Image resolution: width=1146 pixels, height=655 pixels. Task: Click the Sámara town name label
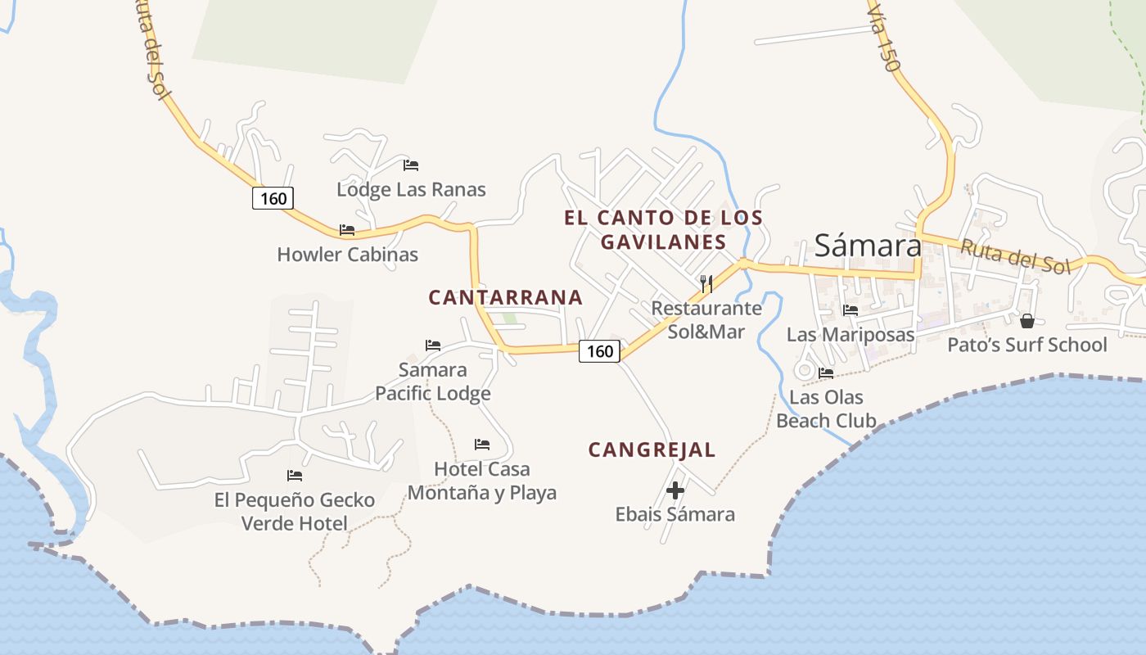868,245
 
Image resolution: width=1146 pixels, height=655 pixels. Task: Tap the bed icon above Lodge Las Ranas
411,165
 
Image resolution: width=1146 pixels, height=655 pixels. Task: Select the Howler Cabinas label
347,255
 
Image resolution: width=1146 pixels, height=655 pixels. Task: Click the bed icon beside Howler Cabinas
347,230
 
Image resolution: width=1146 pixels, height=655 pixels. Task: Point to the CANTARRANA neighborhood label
506,297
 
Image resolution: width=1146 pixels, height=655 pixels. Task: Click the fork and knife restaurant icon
706,284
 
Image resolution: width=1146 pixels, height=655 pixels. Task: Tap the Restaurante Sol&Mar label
706,320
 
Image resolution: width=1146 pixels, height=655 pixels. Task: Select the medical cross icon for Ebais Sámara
675,490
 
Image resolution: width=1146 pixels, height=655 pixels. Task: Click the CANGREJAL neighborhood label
652,449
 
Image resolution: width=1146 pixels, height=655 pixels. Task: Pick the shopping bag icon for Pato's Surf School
1026,320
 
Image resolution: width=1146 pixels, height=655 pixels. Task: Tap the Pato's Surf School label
1026,345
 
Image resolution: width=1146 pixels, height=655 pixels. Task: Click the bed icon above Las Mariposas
850,310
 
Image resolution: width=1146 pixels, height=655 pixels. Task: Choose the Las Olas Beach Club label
826,409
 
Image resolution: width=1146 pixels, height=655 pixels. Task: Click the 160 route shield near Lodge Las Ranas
273,198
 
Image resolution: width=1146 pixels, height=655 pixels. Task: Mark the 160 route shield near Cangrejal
600,351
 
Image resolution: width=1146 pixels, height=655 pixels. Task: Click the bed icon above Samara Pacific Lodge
433,346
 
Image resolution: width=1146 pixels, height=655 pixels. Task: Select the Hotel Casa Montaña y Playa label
482,481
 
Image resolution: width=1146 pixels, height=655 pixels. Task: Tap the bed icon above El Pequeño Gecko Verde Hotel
295,476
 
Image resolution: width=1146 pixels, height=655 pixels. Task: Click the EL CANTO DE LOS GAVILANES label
663,230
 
